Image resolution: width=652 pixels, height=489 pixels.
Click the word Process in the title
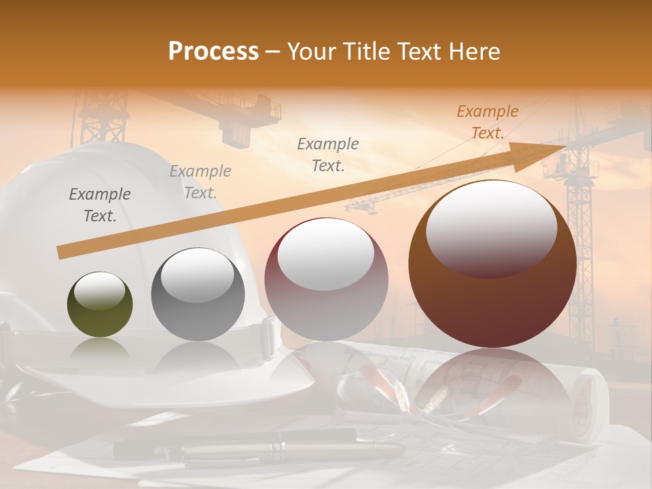(213, 51)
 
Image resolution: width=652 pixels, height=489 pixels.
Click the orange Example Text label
(488, 122)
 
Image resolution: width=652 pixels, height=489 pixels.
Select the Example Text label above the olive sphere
(100, 205)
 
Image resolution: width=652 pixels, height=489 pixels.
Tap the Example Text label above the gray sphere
(200, 182)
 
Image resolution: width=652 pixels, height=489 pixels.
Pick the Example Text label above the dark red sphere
(328, 154)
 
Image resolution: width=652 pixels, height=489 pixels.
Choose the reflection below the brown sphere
(492, 380)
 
